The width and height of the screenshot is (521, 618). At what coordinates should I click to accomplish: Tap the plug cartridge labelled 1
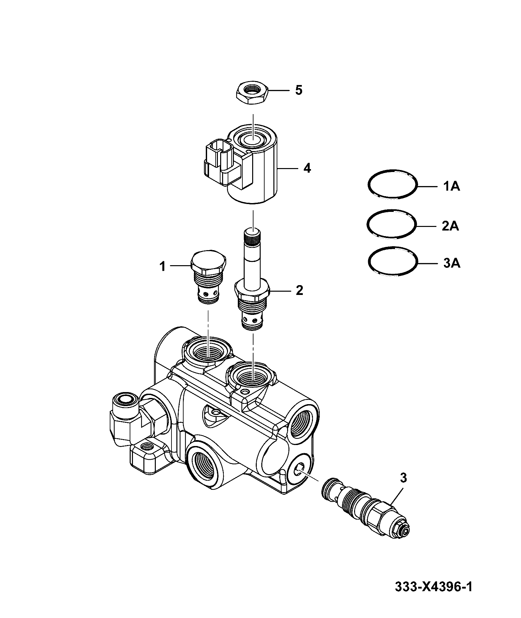[207, 278]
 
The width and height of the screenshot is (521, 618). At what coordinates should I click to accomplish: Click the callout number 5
[299, 90]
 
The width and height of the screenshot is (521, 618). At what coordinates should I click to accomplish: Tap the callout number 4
[307, 168]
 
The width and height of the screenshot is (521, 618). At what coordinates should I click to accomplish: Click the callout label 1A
[451, 187]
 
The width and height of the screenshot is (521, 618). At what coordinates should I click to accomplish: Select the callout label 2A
[450, 226]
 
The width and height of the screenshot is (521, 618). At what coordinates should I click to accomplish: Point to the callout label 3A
[452, 263]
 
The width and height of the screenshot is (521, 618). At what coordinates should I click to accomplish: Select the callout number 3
[403, 478]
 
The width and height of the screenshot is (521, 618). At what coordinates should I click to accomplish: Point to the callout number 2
[299, 290]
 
